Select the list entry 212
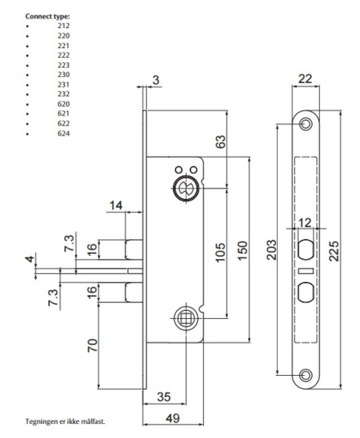[x=64, y=26]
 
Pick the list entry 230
[x=64, y=75]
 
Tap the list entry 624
[x=64, y=134]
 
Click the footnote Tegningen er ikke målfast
[x=65, y=421]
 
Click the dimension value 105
[x=217, y=254]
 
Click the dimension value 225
[x=335, y=251]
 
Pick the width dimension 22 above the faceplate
[x=304, y=80]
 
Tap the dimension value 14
[x=116, y=207]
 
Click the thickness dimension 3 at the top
[x=156, y=81]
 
